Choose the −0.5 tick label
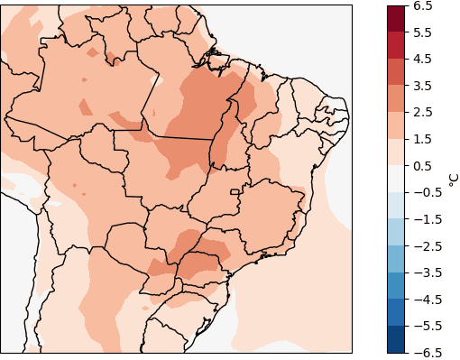pyautogui.click(x=427, y=192)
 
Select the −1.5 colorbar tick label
pyautogui.click(x=427, y=219)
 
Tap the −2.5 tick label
pyautogui.click(x=427, y=245)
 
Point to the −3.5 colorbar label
pyautogui.click(x=427, y=272)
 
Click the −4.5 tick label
pyautogui.click(x=427, y=299)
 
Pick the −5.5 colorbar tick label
pyautogui.click(x=427, y=326)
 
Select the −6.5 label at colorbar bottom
pyautogui.click(x=427, y=352)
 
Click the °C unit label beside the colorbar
pyautogui.click(x=452, y=179)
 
